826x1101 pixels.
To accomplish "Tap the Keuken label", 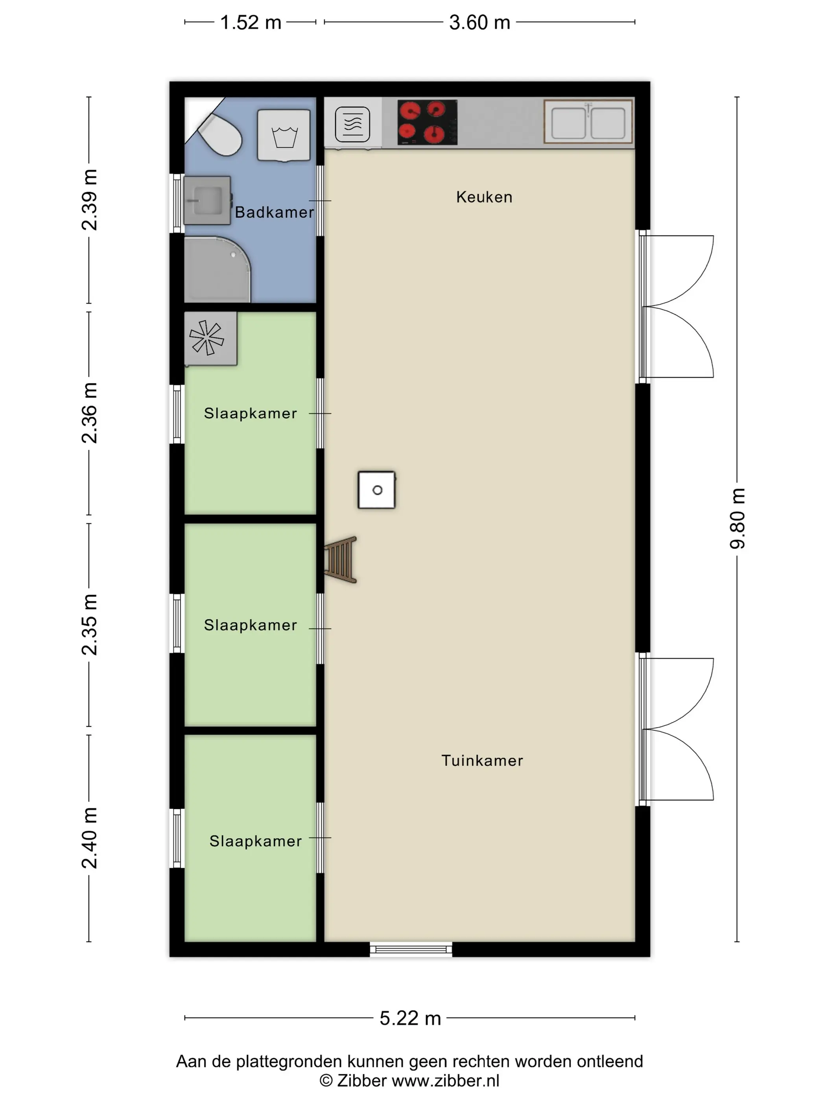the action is (484, 197).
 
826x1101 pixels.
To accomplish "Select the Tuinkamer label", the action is (482, 760).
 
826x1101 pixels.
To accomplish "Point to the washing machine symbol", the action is (284, 135).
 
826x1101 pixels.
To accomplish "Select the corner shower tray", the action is (217, 269).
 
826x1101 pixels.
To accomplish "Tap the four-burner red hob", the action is (427, 122).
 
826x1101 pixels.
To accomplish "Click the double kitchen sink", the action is (588, 122).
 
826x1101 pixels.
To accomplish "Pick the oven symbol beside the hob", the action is (352, 124).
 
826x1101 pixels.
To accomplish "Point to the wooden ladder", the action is (341, 560).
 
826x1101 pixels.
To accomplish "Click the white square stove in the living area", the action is (376, 490).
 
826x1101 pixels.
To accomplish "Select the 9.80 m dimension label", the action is (737, 519).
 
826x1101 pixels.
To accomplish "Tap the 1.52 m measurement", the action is (251, 22).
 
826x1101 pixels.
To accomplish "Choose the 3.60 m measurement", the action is (479, 22).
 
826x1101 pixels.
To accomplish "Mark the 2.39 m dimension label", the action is (90, 200).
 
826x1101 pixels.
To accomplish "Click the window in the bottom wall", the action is (411, 949).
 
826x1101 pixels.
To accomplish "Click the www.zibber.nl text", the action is (445, 1081).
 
